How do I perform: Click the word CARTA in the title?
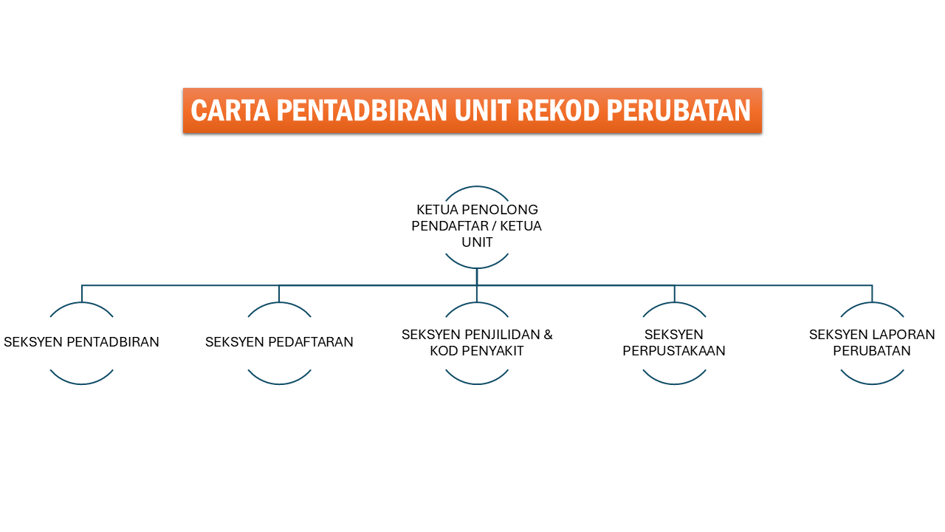[230, 111]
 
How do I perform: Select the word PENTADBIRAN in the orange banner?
[362, 111]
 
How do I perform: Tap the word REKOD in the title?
[558, 111]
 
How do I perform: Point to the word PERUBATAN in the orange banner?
[678, 111]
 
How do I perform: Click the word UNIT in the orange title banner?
[482, 111]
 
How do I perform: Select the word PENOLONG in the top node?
[500, 210]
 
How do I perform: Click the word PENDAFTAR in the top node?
[450, 226]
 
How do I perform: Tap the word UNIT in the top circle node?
[477, 243]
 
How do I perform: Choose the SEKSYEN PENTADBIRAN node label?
[81, 342]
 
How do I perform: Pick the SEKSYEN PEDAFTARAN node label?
[279, 342]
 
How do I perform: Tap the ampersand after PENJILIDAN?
[548, 335]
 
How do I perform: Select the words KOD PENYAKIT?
[477, 351]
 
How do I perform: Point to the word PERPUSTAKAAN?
[674, 351]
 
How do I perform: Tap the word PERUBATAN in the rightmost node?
[872, 351]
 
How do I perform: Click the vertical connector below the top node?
[477, 277]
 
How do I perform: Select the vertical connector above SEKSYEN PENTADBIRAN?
[82, 294]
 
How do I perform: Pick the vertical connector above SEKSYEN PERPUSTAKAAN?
[675, 294]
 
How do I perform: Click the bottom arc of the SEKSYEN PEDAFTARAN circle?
[279, 383]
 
